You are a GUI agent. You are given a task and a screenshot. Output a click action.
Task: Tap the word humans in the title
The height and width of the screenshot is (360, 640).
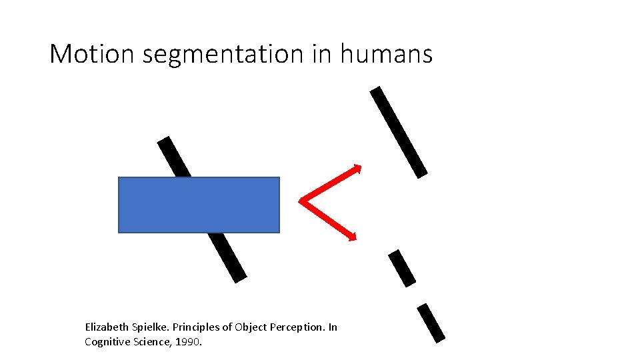pyautogui.click(x=386, y=54)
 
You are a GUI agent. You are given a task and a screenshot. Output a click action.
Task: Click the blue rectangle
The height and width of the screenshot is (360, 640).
pyautogui.click(x=199, y=205)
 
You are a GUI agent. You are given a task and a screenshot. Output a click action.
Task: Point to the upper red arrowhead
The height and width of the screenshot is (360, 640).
pyautogui.click(x=357, y=167)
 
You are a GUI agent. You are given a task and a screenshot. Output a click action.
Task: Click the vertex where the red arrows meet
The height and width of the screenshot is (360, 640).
pyautogui.click(x=301, y=200)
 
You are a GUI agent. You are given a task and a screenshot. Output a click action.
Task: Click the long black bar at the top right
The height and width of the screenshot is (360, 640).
pyautogui.click(x=399, y=132)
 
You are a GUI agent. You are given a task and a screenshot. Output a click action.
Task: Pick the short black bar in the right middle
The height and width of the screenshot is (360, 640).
pyautogui.click(x=402, y=268)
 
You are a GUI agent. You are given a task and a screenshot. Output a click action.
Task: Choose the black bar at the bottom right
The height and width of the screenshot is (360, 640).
pyautogui.click(x=431, y=323)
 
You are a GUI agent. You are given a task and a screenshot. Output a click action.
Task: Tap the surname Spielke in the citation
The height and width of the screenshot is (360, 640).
pyautogui.click(x=150, y=327)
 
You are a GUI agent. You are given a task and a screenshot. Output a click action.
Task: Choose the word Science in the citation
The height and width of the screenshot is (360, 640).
pyautogui.click(x=154, y=342)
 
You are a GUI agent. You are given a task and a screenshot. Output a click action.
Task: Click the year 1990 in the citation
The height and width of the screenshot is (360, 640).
pyautogui.click(x=190, y=342)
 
